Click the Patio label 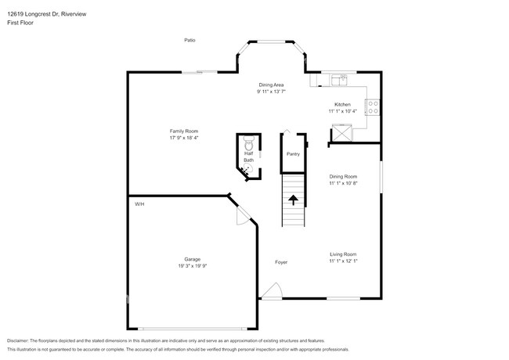pyautogui.click(x=190, y=40)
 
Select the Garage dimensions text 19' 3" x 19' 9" pyautogui.click(x=192, y=266)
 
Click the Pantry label pyautogui.click(x=293, y=154)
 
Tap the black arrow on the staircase pyautogui.click(x=293, y=200)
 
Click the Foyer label pyautogui.click(x=280, y=262)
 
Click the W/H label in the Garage pyautogui.click(x=139, y=203)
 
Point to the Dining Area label pyautogui.click(x=271, y=85)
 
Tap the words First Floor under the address pyautogui.click(x=20, y=23)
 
